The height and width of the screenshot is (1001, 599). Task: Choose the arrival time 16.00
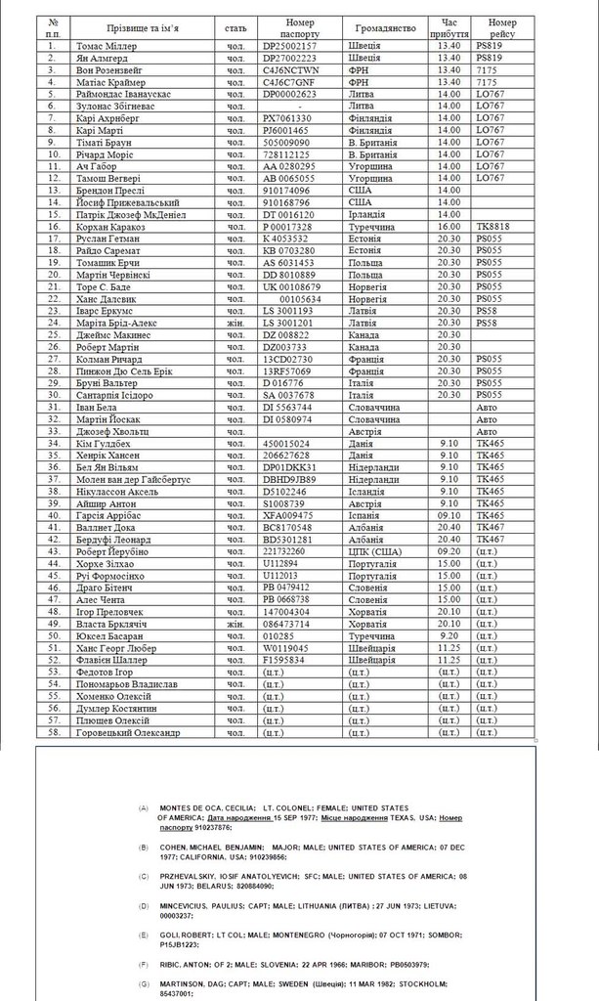tap(449, 226)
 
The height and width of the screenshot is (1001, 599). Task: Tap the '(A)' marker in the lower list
tap(144, 808)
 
